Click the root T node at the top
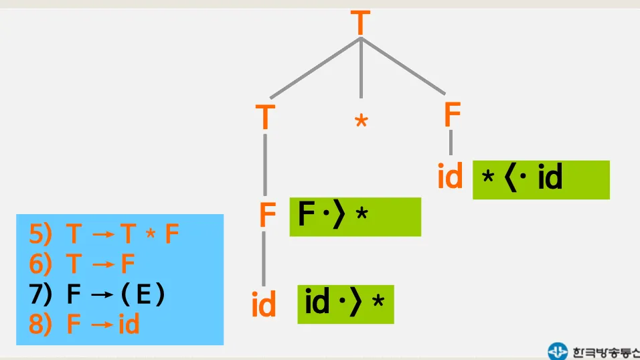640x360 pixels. coord(360,23)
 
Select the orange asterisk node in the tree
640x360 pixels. coord(361,122)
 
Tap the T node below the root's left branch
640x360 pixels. coord(266,118)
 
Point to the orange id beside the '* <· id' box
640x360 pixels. coord(451,177)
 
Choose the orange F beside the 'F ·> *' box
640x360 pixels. coord(268,215)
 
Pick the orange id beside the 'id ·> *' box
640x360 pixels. coord(264,306)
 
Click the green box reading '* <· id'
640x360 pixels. coord(541,179)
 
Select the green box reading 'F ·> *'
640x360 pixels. coord(355,216)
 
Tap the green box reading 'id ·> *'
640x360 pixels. coord(345,304)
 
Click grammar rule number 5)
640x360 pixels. coord(104,234)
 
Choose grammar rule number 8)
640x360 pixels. coord(84,325)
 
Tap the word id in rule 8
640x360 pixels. coord(129,325)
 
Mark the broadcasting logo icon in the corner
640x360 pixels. coord(557,351)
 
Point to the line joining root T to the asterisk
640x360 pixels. coord(361,67)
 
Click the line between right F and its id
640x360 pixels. coord(451,143)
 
